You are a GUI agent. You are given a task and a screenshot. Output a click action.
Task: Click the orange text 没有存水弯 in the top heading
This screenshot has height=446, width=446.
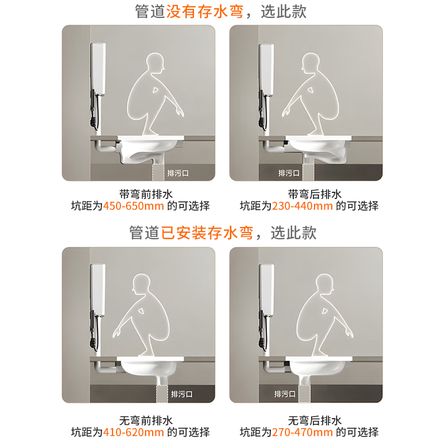(x=205, y=12)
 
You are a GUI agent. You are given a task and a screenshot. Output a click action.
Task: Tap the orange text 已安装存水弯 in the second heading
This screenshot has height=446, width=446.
(x=207, y=232)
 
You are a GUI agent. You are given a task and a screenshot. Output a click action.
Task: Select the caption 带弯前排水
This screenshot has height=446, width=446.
(x=146, y=194)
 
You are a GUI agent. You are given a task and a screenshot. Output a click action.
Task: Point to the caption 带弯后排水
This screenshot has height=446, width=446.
(x=314, y=194)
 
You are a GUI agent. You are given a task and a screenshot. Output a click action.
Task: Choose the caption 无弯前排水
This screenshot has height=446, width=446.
(x=146, y=420)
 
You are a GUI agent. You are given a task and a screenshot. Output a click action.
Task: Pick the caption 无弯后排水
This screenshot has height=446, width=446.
(x=314, y=420)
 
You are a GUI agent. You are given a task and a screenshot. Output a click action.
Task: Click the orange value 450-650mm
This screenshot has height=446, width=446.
(x=133, y=206)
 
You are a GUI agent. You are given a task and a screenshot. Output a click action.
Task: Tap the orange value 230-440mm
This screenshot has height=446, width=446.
(x=302, y=206)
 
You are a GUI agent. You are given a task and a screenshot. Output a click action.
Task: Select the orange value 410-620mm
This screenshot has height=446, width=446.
(x=133, y=433)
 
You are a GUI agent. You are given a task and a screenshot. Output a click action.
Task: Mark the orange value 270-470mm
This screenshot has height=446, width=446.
(x=302, y=433)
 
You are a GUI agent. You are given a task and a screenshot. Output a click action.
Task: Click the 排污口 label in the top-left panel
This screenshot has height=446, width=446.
(x=178, y=173)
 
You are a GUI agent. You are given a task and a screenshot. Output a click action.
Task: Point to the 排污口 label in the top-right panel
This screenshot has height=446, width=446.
(x=289, y=173)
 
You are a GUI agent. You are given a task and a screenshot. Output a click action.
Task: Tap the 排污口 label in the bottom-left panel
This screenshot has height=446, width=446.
(x=182, y=394)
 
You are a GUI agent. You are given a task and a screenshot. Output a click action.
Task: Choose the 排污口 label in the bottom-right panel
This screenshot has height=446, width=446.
(x=285, y=394)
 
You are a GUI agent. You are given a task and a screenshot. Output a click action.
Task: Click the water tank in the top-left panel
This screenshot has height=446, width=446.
(x=98, y=69)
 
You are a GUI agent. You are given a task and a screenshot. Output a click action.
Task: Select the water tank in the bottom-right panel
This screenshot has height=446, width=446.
(x=266, y=289)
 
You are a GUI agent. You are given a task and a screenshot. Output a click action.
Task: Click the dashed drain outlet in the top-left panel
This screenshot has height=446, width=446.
(x=158, y=172)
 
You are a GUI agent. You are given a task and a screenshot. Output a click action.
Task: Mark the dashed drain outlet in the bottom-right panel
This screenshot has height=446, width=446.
(x=304, y=394)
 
